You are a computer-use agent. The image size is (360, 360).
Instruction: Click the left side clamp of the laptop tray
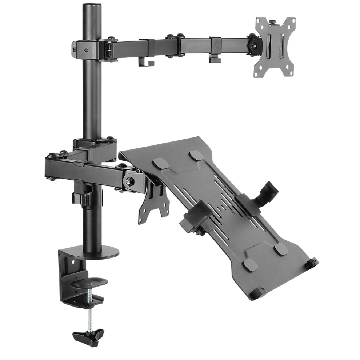(193, 218)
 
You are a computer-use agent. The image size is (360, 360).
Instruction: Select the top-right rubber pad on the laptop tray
(196, 156)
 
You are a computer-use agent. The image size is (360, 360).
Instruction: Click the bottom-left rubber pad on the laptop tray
(250, 264)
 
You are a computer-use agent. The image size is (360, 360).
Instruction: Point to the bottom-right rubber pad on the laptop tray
(281, 249)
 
